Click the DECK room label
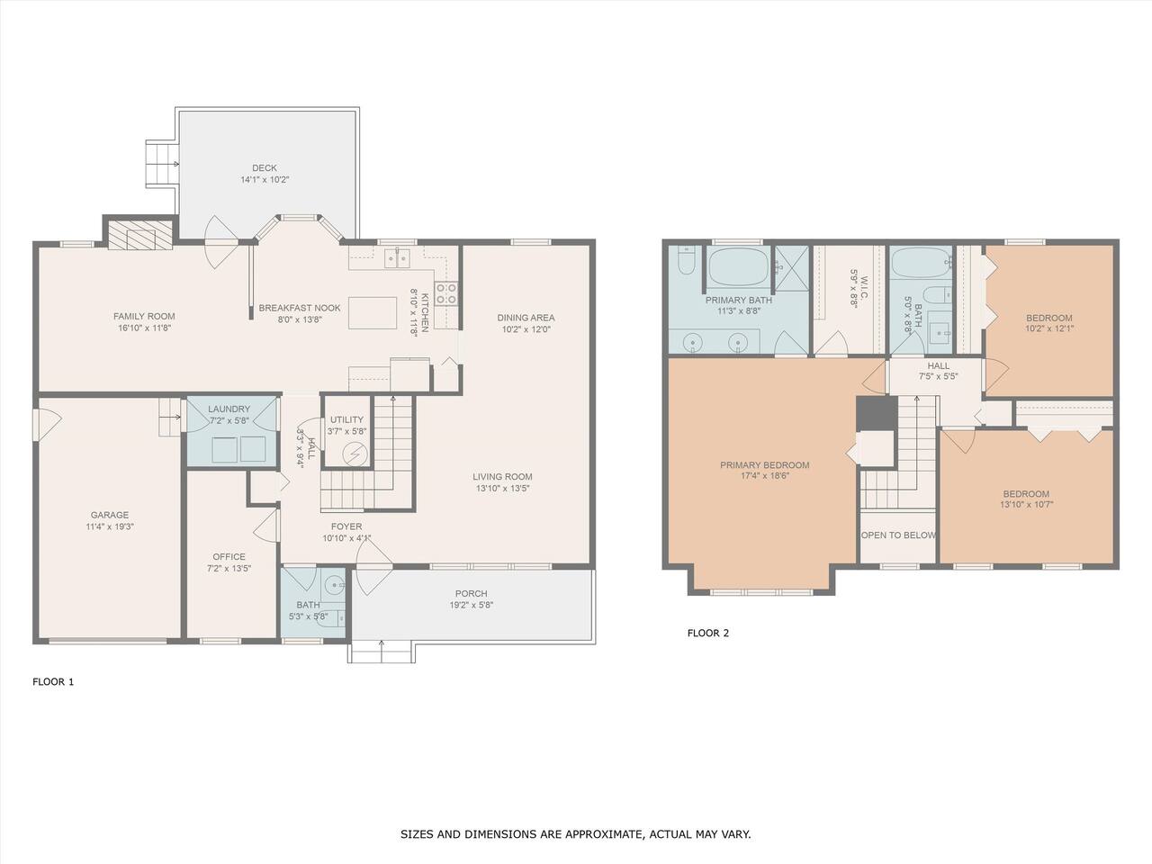pos(265,168)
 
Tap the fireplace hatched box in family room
pos(140,235)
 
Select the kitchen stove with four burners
pos(446,293)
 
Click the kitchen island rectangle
pos(372,313)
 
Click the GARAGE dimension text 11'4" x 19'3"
pos(110,526)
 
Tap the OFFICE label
pos(229,556)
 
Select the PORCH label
pos(472,593)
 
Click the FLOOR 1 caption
pos(53,682)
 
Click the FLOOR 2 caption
pos(708,634)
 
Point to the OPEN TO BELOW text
pos(898,535)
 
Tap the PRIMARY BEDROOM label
pos(765,464)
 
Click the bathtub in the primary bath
pos(738,266)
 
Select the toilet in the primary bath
pos(686,260)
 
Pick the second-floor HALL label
pos(939,365)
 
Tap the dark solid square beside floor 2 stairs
pos(877,413)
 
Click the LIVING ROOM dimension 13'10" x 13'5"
pos(503,489)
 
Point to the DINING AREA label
pos(526,318)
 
